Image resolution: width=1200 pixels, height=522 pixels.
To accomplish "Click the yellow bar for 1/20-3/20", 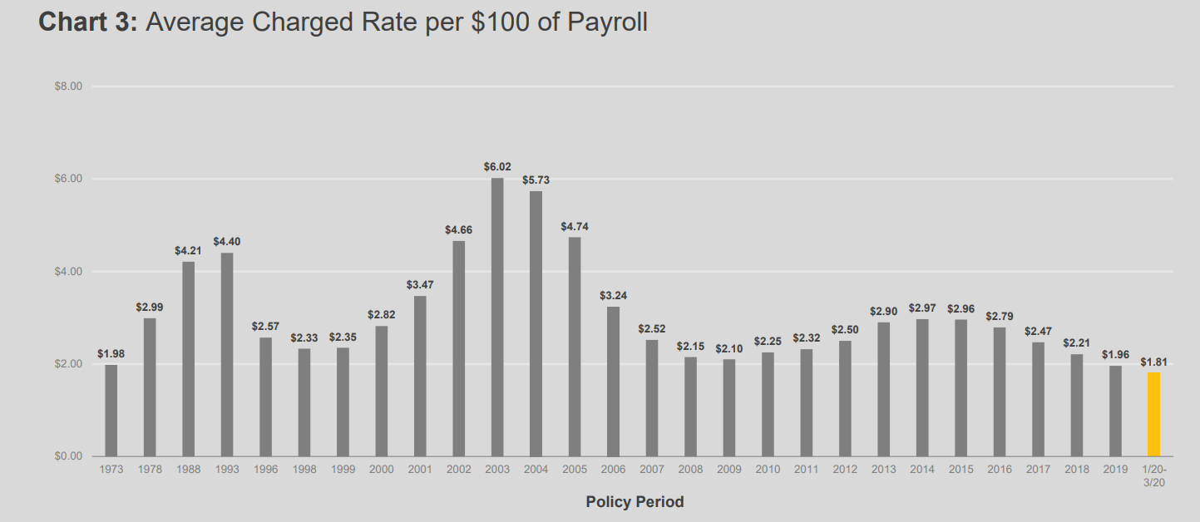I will pyautogui.click(x=1153, y=414).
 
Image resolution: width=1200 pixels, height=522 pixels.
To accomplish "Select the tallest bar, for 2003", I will pyautogui.click(x=497, y=317).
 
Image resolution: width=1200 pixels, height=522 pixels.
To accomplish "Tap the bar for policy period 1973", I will pyautogui.click(x=111, y=411).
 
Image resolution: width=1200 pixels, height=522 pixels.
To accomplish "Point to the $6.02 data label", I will pyautogui.click(x=497, y=167).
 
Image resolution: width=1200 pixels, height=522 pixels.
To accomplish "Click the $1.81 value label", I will pyautogui.click(x=1153, y=362).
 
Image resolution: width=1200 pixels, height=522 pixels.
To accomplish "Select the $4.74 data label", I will pyautogui.click(x=575, y=226).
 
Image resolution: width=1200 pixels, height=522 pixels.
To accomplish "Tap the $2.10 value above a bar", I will pyautogui.click(x=729, y=348).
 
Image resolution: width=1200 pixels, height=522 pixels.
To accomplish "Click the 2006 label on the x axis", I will pyautogui.click(x=613, y=470).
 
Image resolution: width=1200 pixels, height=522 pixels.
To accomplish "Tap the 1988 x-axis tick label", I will pyautogui.click(x=188, y=470).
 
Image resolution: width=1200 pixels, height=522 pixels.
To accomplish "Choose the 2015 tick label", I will pyautogui.click(x=960, y=470).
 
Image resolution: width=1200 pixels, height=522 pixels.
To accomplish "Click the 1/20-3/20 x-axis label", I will pyautogui.click(x=1153, y=475).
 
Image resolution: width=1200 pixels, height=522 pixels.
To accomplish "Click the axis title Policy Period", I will pyautogui.click(x=635, y=502).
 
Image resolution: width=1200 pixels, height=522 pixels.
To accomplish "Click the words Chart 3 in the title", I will pyautogui.click(x=87, y=22).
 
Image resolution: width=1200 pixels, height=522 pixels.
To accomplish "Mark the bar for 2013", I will pyautogui.click(x=884, y=389).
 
